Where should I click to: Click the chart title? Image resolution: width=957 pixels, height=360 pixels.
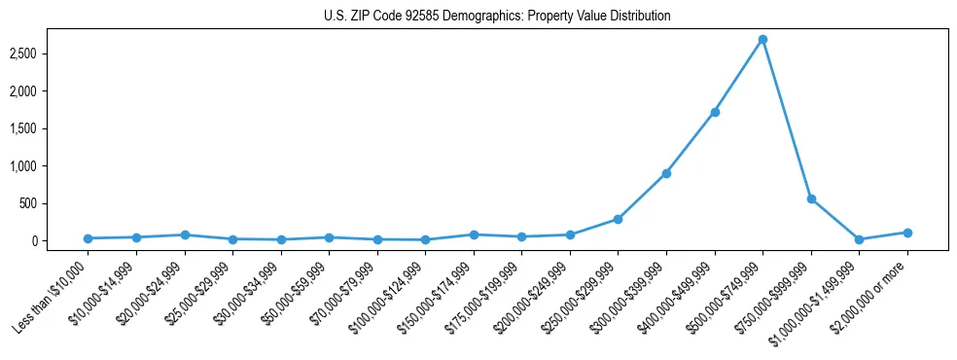tap(497, 17)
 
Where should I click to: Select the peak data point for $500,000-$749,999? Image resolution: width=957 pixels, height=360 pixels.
tap(762, 40)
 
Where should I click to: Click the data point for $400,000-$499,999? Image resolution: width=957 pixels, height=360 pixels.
tap(715, 112)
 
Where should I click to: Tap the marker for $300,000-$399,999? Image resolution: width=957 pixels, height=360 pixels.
tap(666, 173)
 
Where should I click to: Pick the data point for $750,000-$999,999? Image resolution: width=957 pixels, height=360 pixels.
tap(811, 198)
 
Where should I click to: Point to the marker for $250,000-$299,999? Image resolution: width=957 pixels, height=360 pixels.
tap(618, 219)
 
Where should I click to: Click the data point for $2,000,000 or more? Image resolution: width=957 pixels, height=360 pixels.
tap(907, 233)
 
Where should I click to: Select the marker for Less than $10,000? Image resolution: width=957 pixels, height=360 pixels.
tap(88, 238)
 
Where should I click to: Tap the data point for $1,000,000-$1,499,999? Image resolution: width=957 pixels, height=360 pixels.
tap(859, 239)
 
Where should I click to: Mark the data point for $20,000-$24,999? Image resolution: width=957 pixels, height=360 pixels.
tap(184, 234)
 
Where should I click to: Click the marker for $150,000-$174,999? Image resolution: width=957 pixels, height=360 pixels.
tap(474, 234)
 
